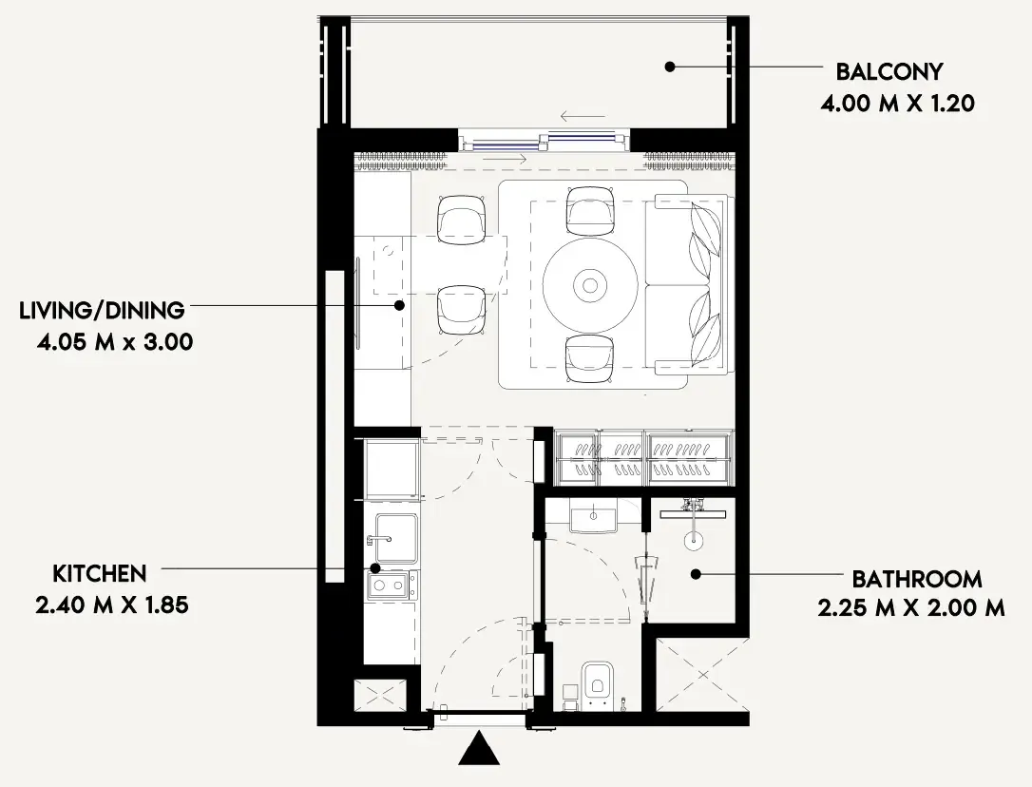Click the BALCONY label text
pyautogui.click(x=889, y=71)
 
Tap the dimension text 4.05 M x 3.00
pyautogui.click(x=115, y=342)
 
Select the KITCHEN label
pyautogui.click(x=100, y=574)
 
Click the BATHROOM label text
pyautogui.click(x=917, y=579)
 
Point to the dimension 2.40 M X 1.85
pyautogui.click(x=112, y=605)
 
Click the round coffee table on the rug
pyautogui.click(x=590, y=285)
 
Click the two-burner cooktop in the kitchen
pyautogui.click(x=392, y=585)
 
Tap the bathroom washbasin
pyautogui.click(x=594, y=513)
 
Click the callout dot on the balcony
pyautogui.click(x=669, y=67)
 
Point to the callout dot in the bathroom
pyautogui.click(x=696, y=574)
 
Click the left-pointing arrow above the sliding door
pyautogui.click(x=583, y=117)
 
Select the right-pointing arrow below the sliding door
pyautogui.click(x=506, y=159)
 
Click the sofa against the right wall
pyautogui.click(x=685, y=284)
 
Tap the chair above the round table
pyautogui.click(x=591, y=211)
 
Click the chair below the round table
pyautogui.click(x=590, y=358)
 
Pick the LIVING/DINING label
pyautogui.click(x=102, y=310)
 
